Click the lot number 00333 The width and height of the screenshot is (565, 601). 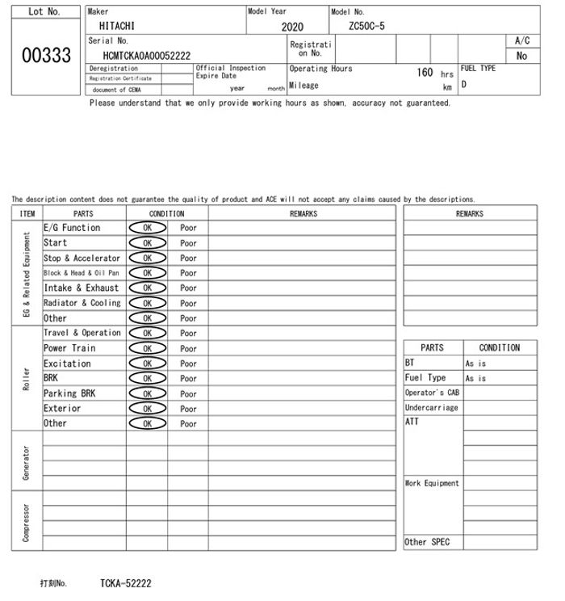pos(45,55)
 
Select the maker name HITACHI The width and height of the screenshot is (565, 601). pos(118,26)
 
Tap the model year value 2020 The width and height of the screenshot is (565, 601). pos(292,27)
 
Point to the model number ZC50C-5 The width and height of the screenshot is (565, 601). pos(366,26)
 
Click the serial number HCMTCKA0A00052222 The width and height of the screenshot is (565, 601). pos(147,56)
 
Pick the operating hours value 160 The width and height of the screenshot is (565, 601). pos(425,73)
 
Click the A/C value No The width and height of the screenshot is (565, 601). pos(521,56)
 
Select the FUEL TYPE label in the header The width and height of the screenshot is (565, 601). pos(478,69)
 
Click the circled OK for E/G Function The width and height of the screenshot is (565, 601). pos(147,228)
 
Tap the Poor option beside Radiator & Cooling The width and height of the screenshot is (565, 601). pos(188,304)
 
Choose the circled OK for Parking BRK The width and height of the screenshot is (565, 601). pos(147,394)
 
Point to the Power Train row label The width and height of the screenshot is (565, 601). pos(69,348)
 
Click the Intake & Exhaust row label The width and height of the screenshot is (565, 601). pos(81,288)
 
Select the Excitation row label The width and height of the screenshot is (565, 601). pos(67,364)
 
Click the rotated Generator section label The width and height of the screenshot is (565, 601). pos(26,460)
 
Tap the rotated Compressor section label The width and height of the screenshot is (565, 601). pos(26,522)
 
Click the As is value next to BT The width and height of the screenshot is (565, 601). pos(475,364)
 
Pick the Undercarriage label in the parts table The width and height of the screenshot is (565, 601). pos(431,408)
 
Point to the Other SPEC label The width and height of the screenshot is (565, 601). pos(427,543)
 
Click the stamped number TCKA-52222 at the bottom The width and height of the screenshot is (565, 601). pos(125,583)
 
